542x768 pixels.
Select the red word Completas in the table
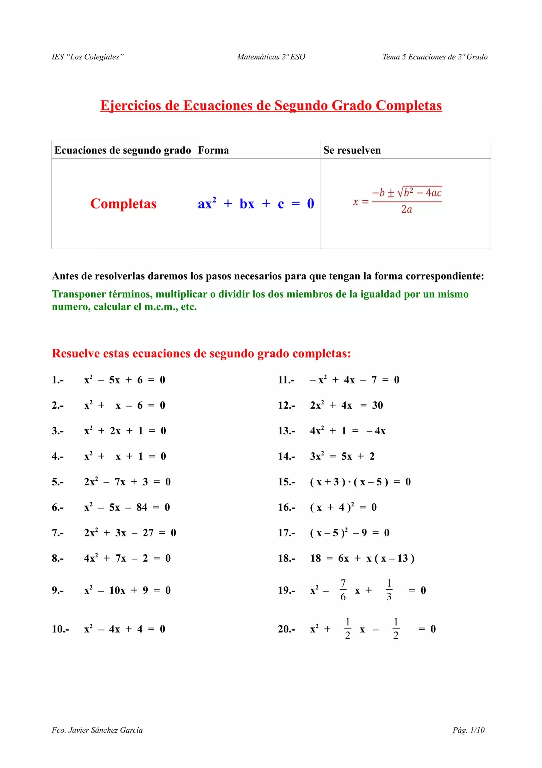123,204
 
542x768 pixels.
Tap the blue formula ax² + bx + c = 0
256,204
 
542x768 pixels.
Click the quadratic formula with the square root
398,200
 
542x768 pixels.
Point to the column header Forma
213,150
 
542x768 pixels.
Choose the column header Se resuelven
352,150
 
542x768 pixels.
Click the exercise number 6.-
58,507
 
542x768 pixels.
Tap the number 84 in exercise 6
142,507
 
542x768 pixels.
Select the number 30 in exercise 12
378,405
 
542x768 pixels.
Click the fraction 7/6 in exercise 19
343,590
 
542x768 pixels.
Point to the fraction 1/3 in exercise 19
389,590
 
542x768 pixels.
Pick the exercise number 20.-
286,629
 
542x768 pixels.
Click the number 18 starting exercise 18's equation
315,558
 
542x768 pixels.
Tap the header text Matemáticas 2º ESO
271,57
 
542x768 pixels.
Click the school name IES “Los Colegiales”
87,57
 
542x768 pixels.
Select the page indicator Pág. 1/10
469,730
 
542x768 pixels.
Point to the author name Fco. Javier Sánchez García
97,730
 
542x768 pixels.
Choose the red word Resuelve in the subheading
76,354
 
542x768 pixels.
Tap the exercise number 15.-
286,482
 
